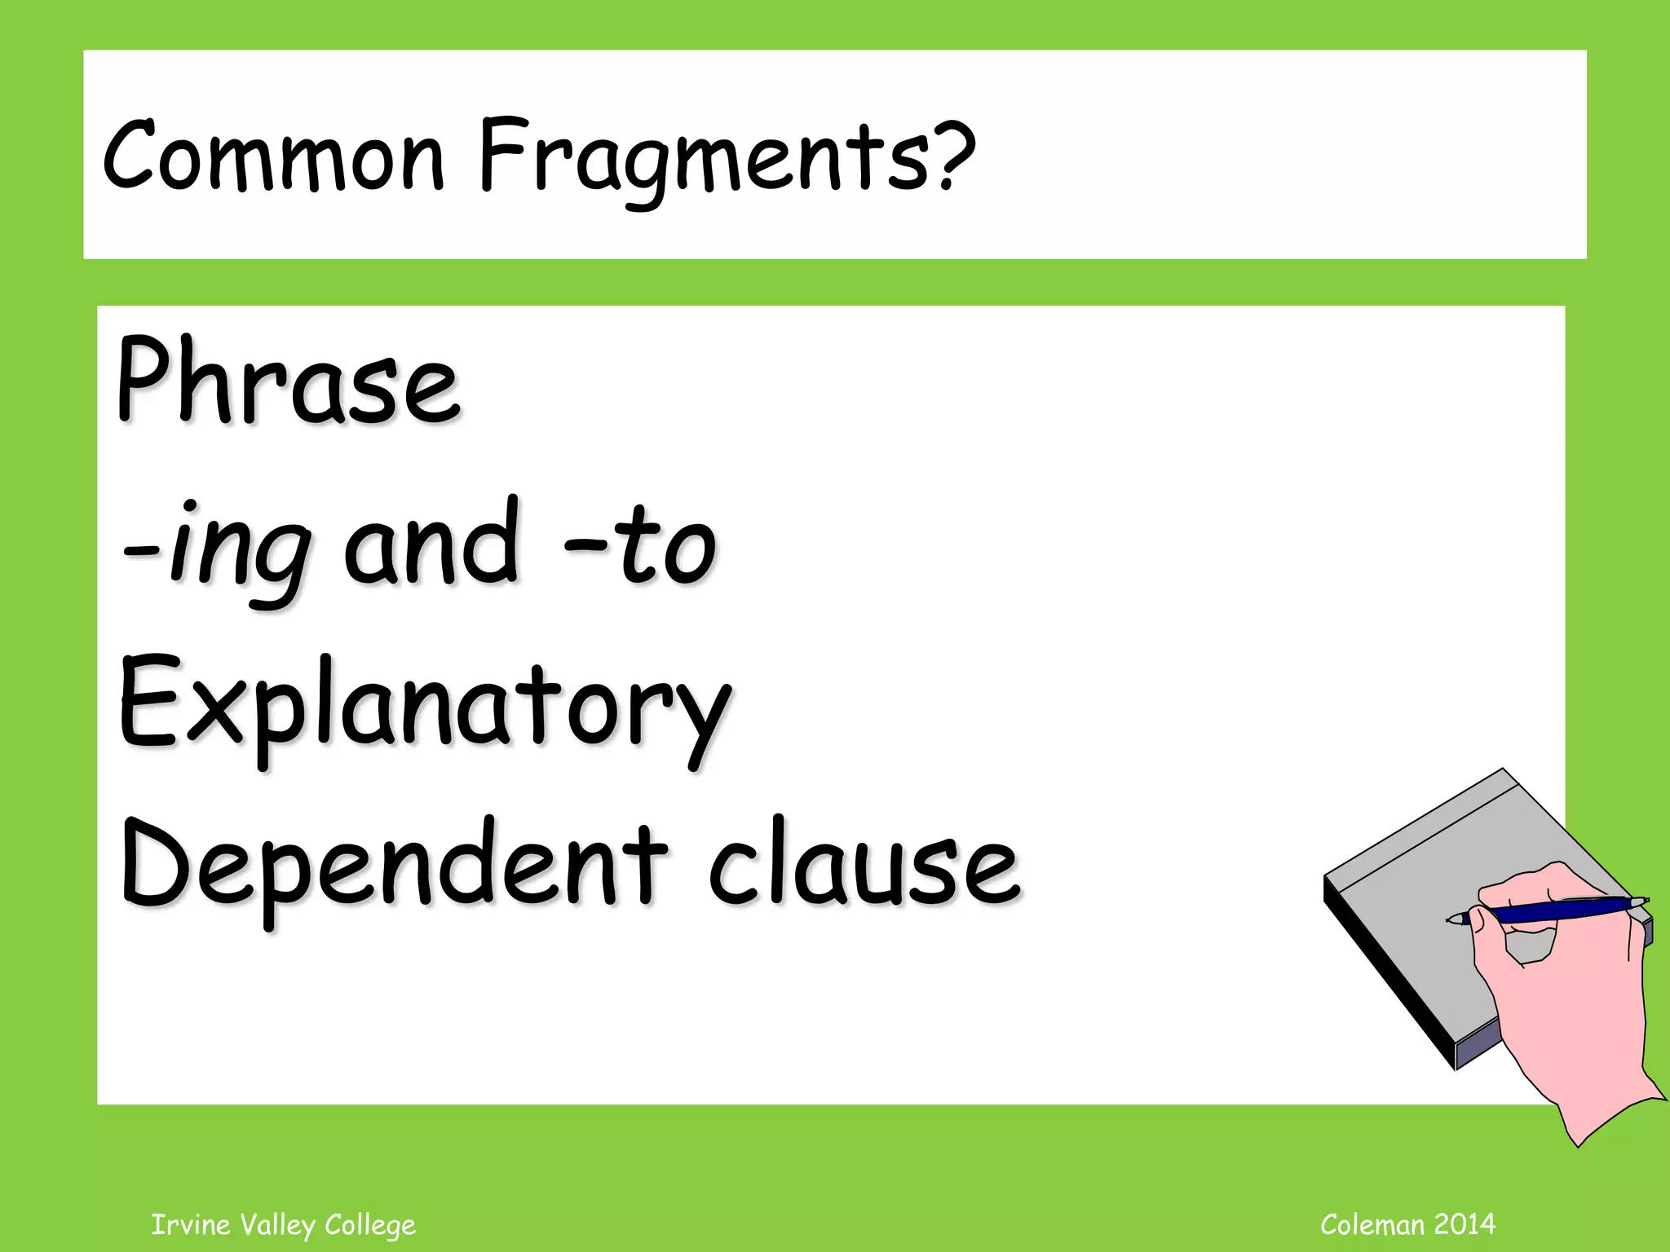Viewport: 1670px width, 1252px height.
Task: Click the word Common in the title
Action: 273,155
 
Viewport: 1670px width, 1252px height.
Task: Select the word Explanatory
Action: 424,706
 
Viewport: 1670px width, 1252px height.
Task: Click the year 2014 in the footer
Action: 1465,1223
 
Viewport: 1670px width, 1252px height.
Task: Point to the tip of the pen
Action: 1451,920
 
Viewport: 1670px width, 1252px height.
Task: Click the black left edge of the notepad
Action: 1386,978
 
